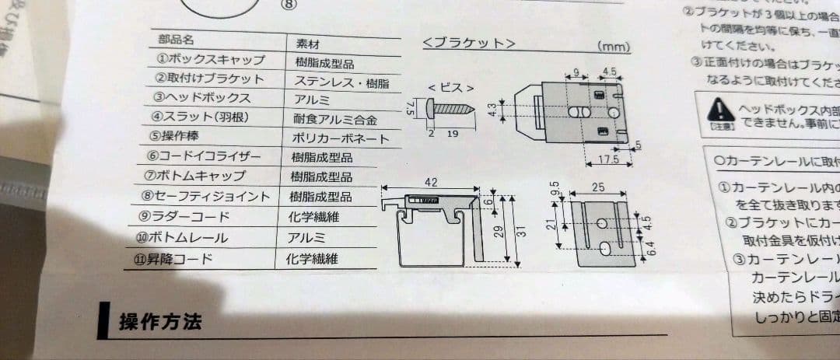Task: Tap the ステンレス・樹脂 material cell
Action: (341, 82)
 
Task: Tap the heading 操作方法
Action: (160, 321)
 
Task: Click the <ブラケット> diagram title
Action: (468, 43)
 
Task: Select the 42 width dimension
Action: (431, 182)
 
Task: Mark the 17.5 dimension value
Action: (610, 160)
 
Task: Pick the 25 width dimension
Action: (597, 187)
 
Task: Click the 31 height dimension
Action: (521, 230)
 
